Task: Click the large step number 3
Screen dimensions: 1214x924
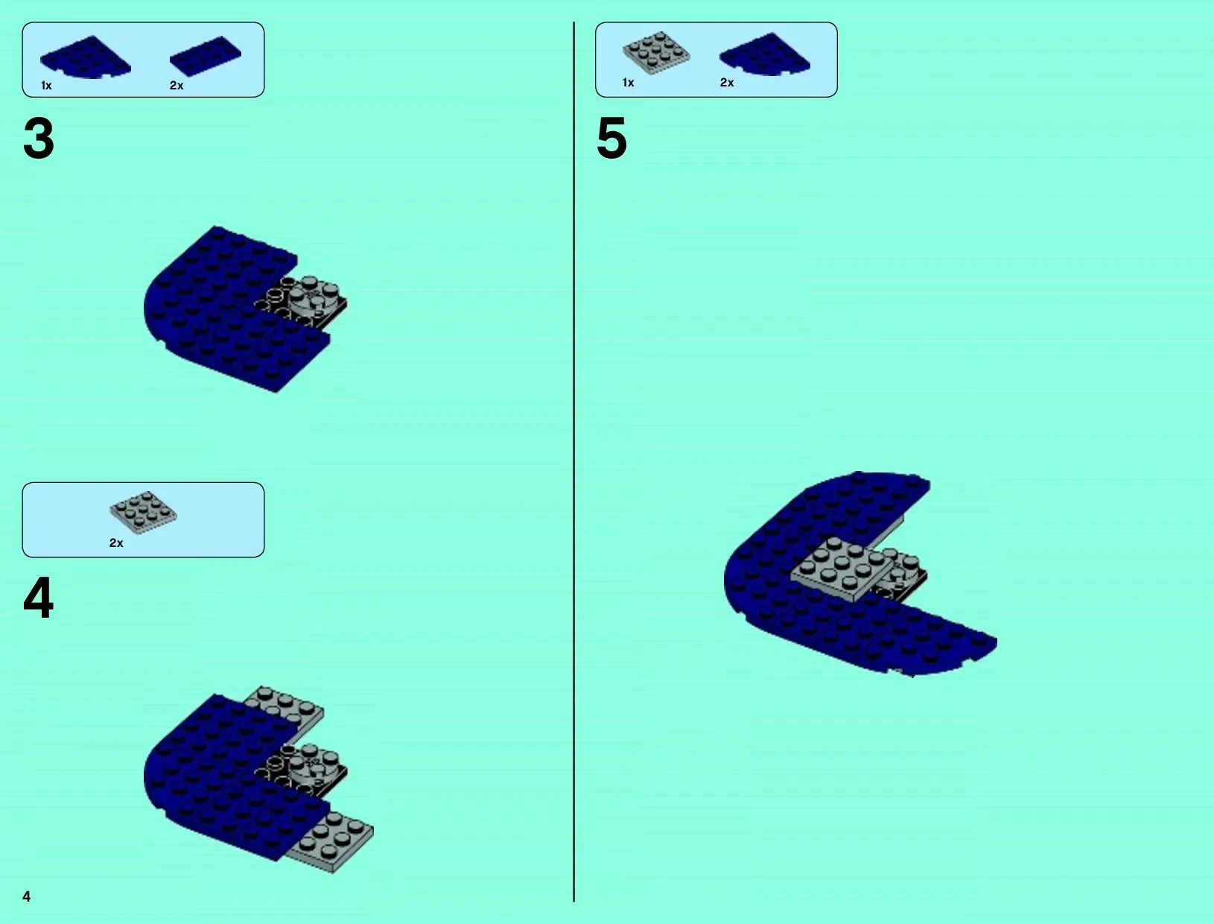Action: tap(39, 138)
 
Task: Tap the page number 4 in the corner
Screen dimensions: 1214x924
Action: tap(27, 896)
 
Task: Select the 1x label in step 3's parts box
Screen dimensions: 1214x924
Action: tap(46, 85)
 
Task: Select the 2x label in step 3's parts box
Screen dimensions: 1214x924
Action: tap(177, 85)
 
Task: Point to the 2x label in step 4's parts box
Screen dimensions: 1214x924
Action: tap(116, 542)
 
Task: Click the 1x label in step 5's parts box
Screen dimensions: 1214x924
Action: tap(629, 83)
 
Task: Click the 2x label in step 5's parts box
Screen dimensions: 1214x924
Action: tap(727, 83)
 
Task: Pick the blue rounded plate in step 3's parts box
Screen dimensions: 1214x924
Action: tap(86, 57)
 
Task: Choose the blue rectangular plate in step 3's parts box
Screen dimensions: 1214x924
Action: tap(206, 56)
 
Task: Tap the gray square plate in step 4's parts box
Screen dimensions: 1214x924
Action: tap(143, 513)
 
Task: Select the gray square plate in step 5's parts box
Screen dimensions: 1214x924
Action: tap(656, 53)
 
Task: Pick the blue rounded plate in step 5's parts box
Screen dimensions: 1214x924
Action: tap(765, 54)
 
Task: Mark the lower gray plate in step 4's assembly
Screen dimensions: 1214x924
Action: tap(333, 841)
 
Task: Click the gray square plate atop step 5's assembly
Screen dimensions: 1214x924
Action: tap(842, 569)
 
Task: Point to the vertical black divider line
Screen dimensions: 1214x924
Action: tap(573, 462)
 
